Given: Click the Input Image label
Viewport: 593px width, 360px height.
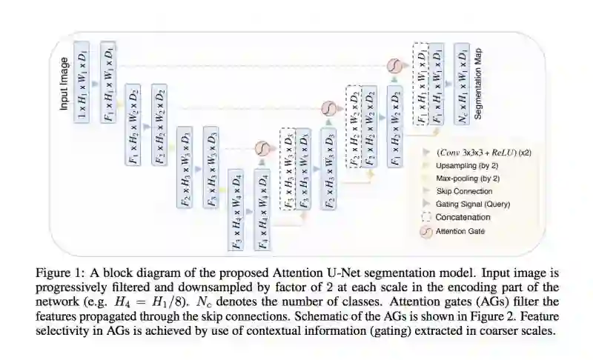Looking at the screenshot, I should (64, 84).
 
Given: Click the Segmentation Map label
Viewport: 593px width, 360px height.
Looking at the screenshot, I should (479, 84).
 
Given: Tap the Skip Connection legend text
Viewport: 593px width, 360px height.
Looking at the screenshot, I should (465, 191).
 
